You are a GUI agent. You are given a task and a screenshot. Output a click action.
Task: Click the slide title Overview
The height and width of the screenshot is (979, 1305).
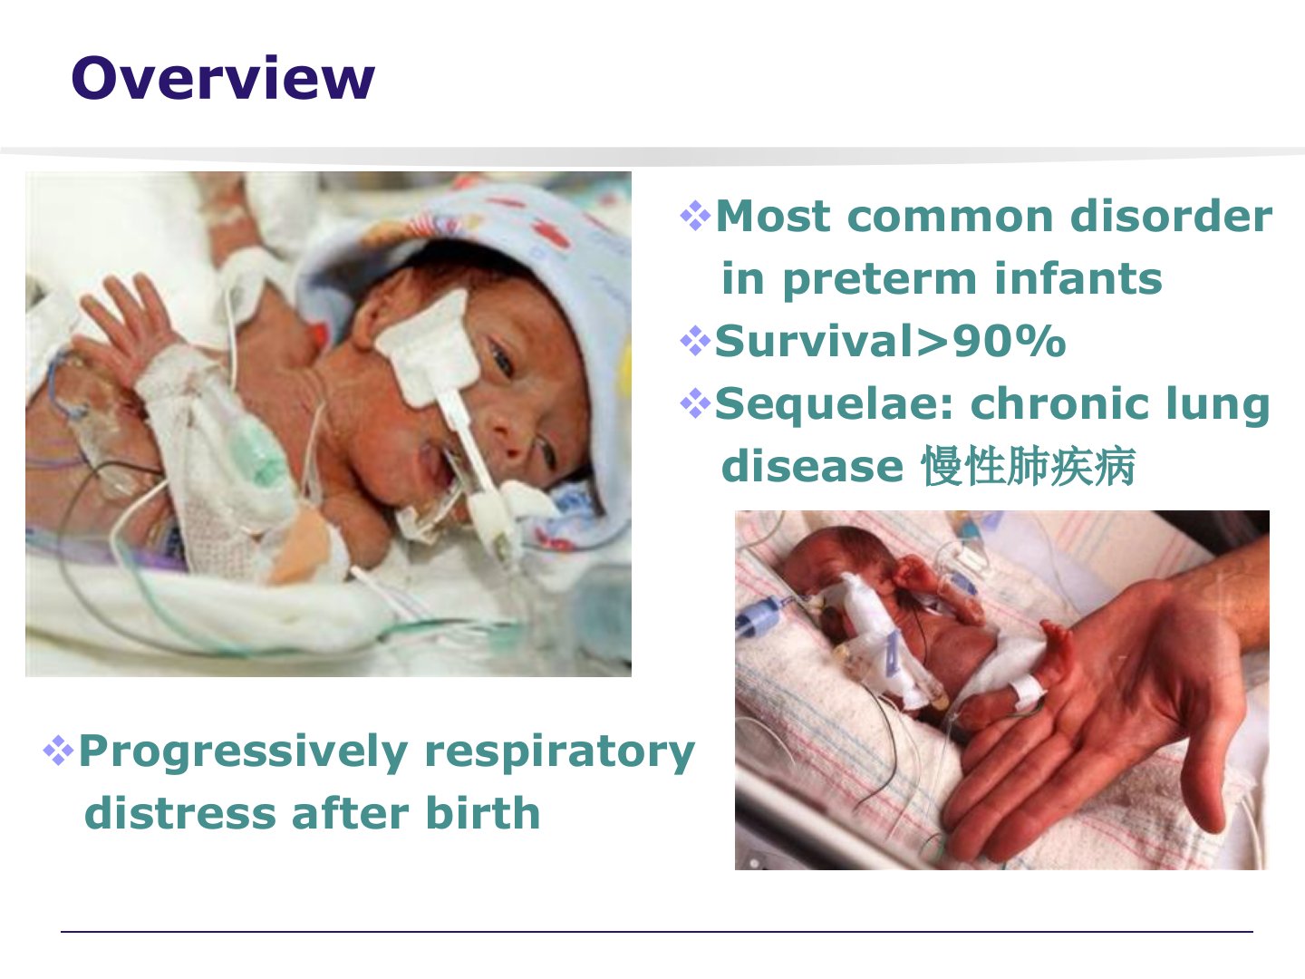(223, 78)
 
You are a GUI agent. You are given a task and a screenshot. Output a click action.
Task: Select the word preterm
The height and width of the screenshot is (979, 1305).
(880, 279)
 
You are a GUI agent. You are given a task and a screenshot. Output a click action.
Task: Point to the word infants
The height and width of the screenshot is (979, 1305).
(1078, 277)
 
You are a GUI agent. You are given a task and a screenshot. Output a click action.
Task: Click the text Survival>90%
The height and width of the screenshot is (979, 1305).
(891, 341)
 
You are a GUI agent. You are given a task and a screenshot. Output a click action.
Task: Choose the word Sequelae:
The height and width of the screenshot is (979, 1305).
(835, 405)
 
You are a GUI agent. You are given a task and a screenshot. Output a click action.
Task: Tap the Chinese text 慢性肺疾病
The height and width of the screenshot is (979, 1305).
(1029, 466)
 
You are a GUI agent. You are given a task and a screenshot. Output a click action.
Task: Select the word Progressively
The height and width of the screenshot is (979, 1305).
(243, 752)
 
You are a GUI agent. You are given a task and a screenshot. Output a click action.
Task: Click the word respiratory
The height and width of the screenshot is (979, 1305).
(559, 753)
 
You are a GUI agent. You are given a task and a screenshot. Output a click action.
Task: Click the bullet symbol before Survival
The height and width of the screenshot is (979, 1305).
(695, 341)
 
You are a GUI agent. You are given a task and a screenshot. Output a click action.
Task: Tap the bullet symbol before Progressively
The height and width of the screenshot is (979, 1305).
(58, 751)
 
